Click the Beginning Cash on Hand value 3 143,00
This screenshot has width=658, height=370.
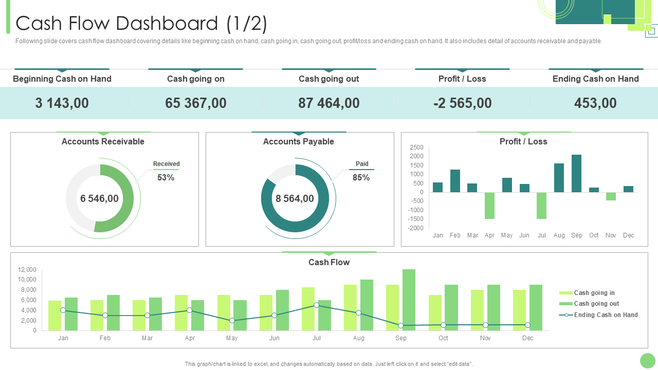pyautogui.click(x=62, y=103)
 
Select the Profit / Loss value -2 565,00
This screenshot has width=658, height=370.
pyautogui.click(x=463, y=103)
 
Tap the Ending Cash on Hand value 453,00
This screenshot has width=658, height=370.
pyautogui.click(x=595, y=103)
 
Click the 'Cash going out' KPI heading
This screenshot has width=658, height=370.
pyautogui.click(x=328, y=79)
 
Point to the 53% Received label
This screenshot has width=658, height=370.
pyautogui.click(x=166, y=177)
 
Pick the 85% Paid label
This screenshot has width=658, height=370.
pyautogui.click(x=361, y=177)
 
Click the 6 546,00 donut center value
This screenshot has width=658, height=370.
pyautogui.click(x=99, y=198)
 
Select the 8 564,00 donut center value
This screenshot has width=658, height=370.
pyautogui.click(x=295, y=198)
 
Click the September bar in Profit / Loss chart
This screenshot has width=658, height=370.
pyautogui.click(x=576, y=174)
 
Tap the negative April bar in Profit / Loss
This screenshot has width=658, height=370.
pyautogui.click(x=489, y=206)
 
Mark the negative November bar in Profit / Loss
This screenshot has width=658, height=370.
pyautogui.click(x=611, y=196)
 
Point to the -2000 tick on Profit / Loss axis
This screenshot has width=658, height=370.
pyautogui.click(x=416, y=228)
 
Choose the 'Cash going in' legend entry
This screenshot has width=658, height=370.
pyautogui.click(x=594, y=293)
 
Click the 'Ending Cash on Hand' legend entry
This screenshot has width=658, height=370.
pyautogui.click(x=606, y=315)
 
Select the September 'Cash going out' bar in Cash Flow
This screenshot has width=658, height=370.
pyautogui.click(x=409, y=300)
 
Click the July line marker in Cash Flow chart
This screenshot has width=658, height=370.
pyautogui.click(x=316, y=305)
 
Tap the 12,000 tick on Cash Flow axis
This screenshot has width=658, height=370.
pyautogui.click(x=27, y=270)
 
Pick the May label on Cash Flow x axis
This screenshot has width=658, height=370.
pyautogui.click(x=232, y=338)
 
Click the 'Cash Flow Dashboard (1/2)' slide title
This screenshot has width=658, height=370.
pyautogui.click(x=141, y=24)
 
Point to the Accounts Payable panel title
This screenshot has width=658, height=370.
pyautogui.click(x=298, y=141)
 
